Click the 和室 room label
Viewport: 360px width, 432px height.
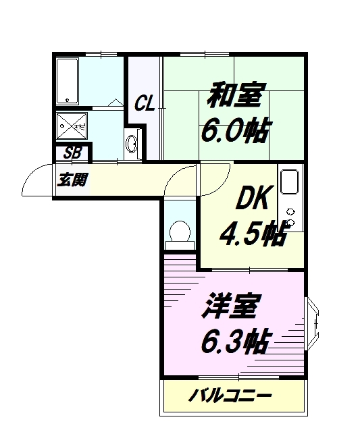click(x=236, y=94)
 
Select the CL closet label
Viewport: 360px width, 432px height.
click(x=144, y=103)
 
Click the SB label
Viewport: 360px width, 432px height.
click(x=72, y=153)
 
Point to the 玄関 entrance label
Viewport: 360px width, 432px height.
click(x=72, y=180)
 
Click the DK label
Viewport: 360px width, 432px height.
click(x=252, y=198)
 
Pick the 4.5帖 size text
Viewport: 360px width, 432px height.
click(x=252, y=233)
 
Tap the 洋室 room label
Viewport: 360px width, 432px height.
click(x=231, y=306)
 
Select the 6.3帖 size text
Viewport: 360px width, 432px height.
click(x=234, y=342)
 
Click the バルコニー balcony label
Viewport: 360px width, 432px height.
click(x=230, y=396)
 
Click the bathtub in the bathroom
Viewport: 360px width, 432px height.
click(x=68, y=81)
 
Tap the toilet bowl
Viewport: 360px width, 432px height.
click(x=180, y=231)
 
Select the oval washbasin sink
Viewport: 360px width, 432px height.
click(x=131, y=144)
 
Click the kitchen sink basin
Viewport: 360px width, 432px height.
click(x=289, y=182)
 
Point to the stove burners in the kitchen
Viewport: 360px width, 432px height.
click(x=290, y=217)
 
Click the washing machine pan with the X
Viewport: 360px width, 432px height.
click(x=72, y=127)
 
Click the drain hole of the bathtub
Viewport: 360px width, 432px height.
click(x=67, y=100)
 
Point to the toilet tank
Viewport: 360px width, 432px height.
click(x=180, y=245)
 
